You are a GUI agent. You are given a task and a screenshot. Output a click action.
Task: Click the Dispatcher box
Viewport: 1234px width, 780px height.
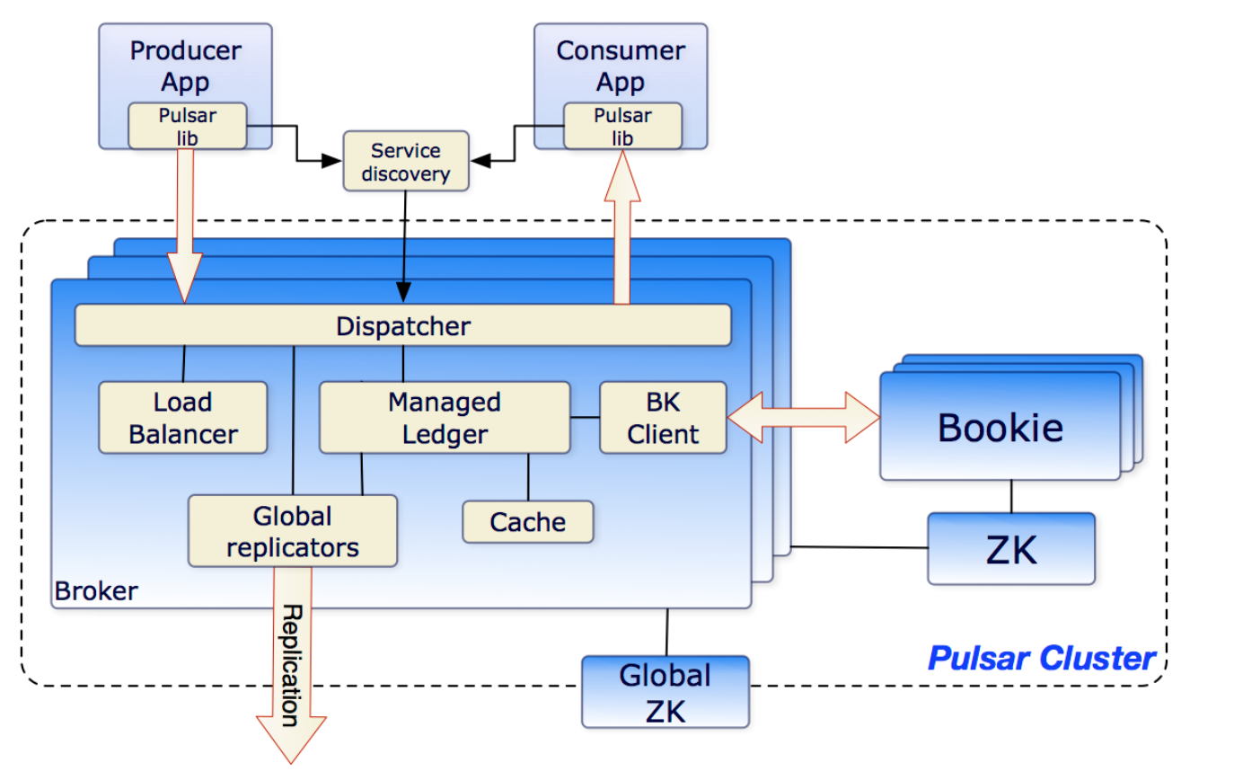point(402,325)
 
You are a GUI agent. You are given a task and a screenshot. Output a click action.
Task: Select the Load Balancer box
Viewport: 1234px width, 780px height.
point(182,418)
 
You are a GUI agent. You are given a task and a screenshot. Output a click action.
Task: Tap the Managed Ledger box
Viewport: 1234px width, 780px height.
point(445,418)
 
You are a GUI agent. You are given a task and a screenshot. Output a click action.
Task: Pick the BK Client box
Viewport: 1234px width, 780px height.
point(663,418)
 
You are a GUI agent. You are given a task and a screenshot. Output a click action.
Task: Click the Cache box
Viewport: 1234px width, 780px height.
point(528,522)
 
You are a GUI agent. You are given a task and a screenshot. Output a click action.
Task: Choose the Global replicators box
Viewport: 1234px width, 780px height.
point(292,531)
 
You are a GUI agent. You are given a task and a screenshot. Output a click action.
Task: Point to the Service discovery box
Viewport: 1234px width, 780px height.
point(406,162)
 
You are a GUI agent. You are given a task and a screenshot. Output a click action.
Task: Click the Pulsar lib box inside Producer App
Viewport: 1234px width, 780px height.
point(187,126)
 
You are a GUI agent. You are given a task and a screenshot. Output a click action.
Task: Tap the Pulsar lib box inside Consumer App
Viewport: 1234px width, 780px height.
point(621,126)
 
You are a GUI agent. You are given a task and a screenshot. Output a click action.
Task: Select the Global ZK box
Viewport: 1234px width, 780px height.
point(665,691)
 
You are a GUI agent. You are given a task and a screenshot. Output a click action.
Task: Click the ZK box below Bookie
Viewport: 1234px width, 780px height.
point(1010,548)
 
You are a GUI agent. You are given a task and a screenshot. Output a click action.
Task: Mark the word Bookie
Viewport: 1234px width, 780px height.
point(1000,428)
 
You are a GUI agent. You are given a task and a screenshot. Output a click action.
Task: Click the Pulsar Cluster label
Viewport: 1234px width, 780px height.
point(1041,659)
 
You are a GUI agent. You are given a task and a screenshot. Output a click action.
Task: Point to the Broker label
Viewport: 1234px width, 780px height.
point(96,591)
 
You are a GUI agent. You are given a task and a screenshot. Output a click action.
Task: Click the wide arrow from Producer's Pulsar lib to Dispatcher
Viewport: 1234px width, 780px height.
point(186,225)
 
